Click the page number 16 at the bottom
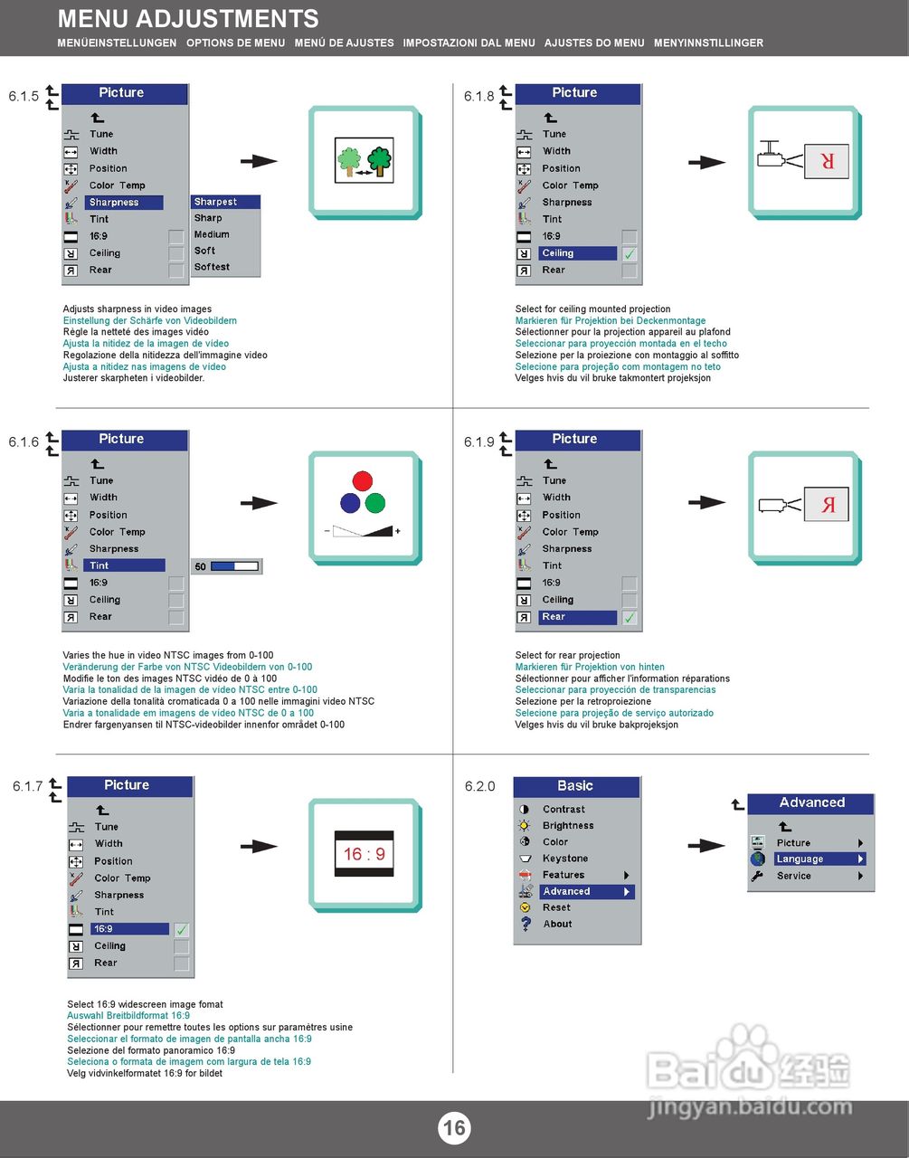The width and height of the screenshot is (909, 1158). tap(454, 1127)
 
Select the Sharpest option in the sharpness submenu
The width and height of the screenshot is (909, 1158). tap(215, 202)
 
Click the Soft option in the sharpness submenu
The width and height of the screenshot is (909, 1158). tap(205, 251)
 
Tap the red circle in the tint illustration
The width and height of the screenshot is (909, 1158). tap(363, 480)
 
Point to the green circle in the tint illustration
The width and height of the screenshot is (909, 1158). tap(375, 503)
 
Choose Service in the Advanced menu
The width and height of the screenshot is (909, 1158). tap(793, 876)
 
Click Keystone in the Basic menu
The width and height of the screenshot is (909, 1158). tap(564, 859)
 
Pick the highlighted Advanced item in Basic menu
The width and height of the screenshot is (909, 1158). tap(566, 891)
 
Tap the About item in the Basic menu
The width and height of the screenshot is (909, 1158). tap(557, 924)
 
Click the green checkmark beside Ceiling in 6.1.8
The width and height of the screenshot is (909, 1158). tap(630, 254)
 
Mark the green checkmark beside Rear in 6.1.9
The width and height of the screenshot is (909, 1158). tap(630, 618)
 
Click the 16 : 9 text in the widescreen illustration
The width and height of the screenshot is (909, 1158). tap(365, 854)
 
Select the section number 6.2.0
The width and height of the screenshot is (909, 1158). tap(479, 786)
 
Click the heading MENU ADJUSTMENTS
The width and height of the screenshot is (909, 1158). tap(188, 18)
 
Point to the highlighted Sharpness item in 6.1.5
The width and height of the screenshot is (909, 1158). tap(114, 203)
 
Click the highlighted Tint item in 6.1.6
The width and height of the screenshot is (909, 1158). tap(99, 565)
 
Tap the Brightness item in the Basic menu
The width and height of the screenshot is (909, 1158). tap(568, 825)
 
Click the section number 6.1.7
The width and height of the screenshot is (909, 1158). tap(27, 786)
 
